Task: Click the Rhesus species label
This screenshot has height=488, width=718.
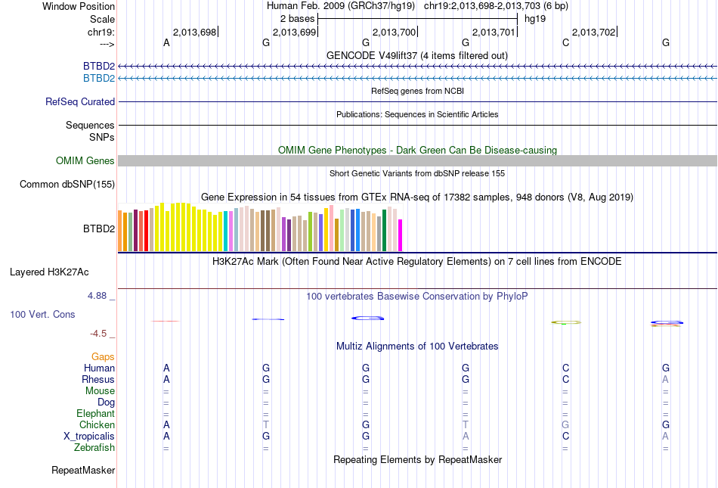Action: click(x=98, y=379)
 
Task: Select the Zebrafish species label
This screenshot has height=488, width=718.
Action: click(x=95, y=448)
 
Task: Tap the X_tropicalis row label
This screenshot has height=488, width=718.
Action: click(x=89, y=437)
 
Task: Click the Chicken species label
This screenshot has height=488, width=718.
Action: click(x=97, y=425)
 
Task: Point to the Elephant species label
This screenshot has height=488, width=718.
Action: click(x=95, y=414)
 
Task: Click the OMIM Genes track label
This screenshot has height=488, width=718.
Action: click(x=85, y=160)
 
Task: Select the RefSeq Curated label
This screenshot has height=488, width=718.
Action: click(x=80, y=101)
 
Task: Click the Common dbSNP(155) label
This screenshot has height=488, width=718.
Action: click(x=67, y=184)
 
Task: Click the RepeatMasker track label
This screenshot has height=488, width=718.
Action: click(x=83, y=471)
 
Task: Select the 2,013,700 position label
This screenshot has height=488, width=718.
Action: click(x=394, y=32)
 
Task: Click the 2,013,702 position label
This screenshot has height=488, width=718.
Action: click(x=593, y=32)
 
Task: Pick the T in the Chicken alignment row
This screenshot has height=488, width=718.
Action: click(x=266, y=425)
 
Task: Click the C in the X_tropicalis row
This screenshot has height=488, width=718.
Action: click(x=565, y=437)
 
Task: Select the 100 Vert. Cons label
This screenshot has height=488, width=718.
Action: click(x=42, y=314)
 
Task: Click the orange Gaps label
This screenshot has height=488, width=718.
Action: click(x=103, y=356)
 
